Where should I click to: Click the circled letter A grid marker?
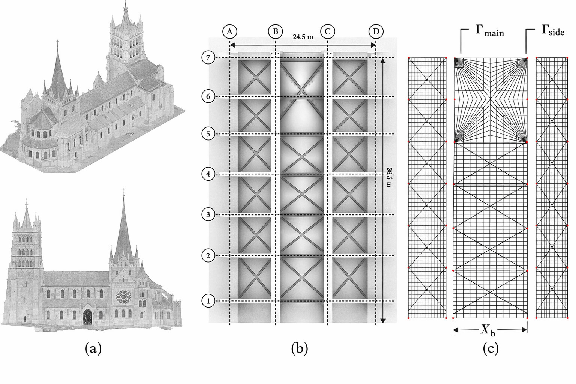click(x=229, y=31)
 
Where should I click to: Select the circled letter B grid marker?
click(x=275, y=31)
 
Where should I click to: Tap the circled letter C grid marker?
click(x=328, y=31)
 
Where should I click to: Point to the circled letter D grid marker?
click(x=376, y=31)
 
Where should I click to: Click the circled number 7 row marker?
click(x=208, y=58)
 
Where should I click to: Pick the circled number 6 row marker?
click(x=208, y=96)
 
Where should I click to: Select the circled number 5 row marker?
click(x=208, y=134)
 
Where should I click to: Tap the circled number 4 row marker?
click(x=208, y=174)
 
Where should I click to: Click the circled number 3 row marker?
click(x=208, y=214)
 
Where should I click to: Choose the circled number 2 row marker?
click(x=208, y=255)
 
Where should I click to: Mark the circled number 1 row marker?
click(x=208, y=301)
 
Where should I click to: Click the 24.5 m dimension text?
click(x=303, y=37)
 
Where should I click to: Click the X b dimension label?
click(x=488, y=330)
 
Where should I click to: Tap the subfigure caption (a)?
click(x=93, y=349)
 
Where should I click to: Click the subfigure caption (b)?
click(x=300, y=349)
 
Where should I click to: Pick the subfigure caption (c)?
click(x=490, y=349)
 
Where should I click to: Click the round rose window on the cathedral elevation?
click(x=122, y=297)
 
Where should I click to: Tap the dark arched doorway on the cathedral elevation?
click(x=87, y=316)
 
